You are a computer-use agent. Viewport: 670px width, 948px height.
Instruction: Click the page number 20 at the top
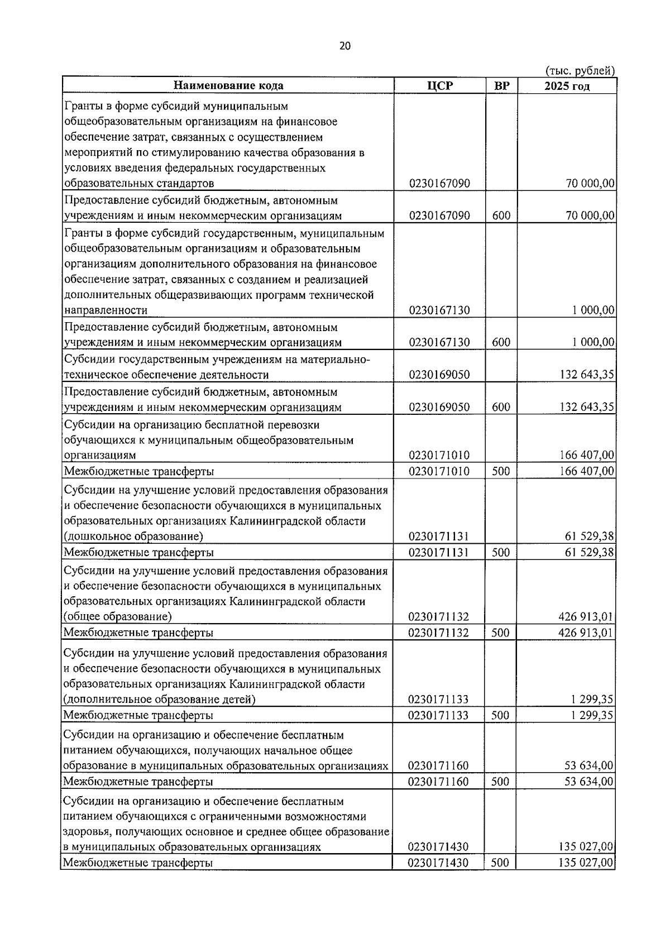click(x=344, y=46)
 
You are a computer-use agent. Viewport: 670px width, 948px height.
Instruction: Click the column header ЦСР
click(x=439, y=85)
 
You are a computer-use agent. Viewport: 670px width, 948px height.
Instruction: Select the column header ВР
click(x=501, y=85)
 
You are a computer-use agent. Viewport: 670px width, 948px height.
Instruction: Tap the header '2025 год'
click(x=567, y=85)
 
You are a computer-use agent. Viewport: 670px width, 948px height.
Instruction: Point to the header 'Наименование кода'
click(x=228, y=85)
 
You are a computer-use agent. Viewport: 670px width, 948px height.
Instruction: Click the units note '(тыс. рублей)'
click(x=580, y=70)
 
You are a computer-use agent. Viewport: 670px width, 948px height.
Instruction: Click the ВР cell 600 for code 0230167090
click(x=501, y=216)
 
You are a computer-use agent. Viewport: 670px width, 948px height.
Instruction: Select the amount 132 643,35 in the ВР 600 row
click(x=587, y=407)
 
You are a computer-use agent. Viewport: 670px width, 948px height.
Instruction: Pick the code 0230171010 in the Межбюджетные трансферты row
click(x=439, y=471)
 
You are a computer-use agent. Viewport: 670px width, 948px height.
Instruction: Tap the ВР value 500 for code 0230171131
click(x=501, y=552)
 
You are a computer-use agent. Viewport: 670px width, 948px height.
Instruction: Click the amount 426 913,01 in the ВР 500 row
click(x=586, y=633)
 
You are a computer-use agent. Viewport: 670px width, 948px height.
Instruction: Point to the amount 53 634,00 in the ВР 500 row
click(x=589, y=782)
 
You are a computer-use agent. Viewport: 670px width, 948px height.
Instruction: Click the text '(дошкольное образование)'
click(x=133, y=537)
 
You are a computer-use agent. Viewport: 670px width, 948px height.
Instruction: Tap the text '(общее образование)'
click(x=117, y=617)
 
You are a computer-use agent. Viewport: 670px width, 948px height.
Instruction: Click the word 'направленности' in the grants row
click(x=106, y=310)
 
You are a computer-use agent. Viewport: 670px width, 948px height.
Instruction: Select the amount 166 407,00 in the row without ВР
click(x=587, y=456)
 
